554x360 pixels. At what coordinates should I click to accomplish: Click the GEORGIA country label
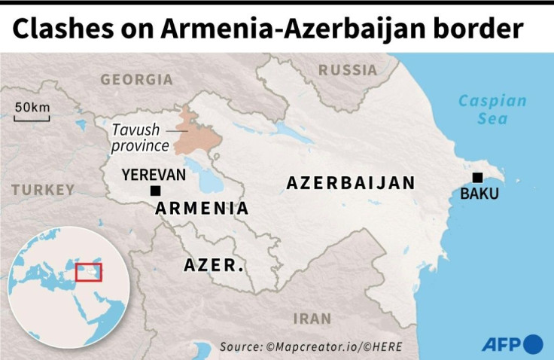click(x=136, y=79)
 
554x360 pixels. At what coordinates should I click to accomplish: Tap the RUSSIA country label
click(x=348, y=70)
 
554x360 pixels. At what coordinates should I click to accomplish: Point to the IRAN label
click(x=312, y=318)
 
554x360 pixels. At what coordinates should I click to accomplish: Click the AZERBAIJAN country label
click(x=351, y=183)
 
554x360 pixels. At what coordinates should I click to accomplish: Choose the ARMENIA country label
click(x=202, y=209)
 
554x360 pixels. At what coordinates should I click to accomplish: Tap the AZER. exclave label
click(x=214, y=265)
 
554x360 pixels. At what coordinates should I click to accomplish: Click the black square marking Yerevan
click(x=155, y=191)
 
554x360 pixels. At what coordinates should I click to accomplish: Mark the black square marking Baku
click(x=477, y=178)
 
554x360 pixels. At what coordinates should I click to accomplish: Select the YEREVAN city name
click(x=154, y=175)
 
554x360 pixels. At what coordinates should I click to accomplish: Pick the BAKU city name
click(x=479, y=194)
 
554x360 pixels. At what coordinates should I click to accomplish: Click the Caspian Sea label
click(x=493, y=110)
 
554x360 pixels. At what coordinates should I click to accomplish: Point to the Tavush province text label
click(x=140, y=137)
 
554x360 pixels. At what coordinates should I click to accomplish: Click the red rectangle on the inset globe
click(x=89, y=271)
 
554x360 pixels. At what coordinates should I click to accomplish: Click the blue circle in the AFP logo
click(x=534, y=344)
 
